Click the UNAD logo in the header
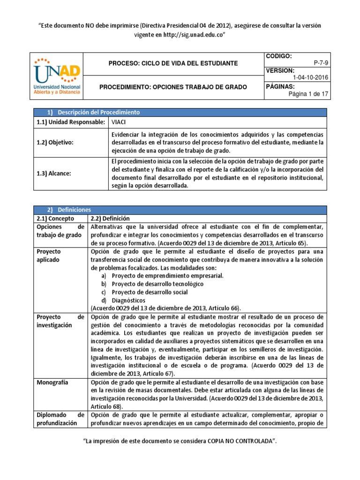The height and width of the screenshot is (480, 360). (x=57, y=75)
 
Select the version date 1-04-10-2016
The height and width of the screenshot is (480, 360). (x=310, y=78)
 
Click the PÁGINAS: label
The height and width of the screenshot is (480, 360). (x=280, y=87)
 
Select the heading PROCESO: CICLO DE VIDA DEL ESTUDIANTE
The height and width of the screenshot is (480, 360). (x=173, y=63)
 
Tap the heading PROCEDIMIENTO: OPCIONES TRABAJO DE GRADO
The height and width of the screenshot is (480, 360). (x=173, y=87)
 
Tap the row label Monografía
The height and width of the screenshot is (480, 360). (x=52, y=382)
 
